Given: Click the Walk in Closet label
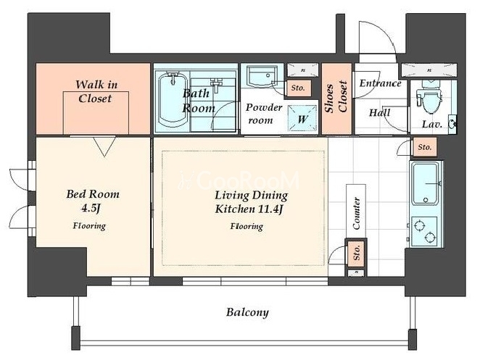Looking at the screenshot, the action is [x=96, y=91].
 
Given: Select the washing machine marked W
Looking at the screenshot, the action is [x=302, y=119].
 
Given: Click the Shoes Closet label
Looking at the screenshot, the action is [x=336, y=97].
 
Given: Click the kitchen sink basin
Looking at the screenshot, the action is [x=426, y=183].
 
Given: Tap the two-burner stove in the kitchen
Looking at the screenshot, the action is [x=424, y=231].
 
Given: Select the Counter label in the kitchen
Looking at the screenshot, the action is [x=356, y=213].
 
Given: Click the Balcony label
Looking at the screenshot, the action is [x=247, y=312].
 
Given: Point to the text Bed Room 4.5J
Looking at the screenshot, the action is [x=93, y=201].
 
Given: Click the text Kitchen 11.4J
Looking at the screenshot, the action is [x=248, y=209].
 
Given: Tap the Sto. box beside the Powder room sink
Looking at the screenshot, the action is [x=298, y=88].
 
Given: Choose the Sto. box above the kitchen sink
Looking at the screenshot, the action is [x=424, y=147].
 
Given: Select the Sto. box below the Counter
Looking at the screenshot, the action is [x=356, y=253].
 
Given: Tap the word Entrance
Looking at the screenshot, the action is [x=380, y=83].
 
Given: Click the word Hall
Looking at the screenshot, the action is [x=380, y=112].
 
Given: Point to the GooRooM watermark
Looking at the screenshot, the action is [x=239, y=180].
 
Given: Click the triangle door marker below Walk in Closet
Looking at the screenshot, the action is [x=104, y=146].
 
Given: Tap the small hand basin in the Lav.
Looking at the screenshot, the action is [x=452, y=124].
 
